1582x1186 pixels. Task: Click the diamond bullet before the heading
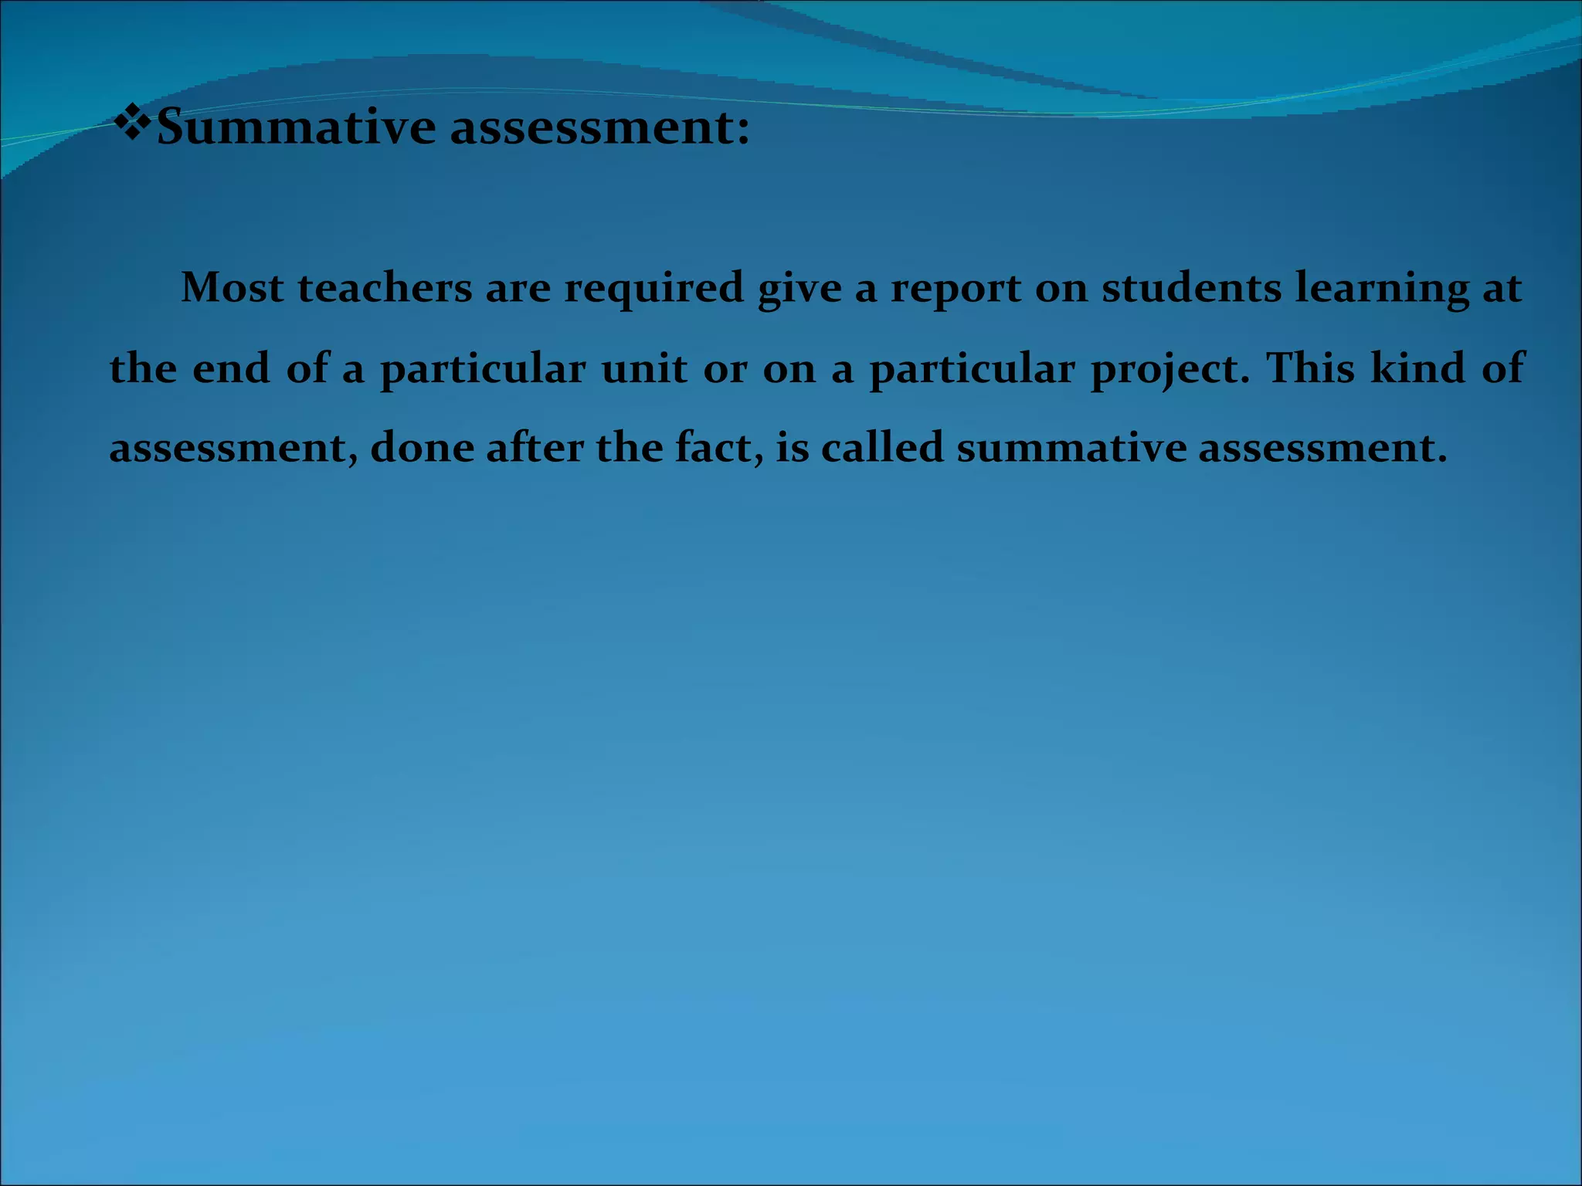[x=132, y=124]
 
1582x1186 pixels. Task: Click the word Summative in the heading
[x=296, y=127]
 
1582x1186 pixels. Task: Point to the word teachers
[x=385, y=288]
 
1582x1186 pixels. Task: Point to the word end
[x=231, y=368]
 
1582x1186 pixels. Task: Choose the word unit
[x=644, y=368]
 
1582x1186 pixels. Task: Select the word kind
[x=1417, y=368]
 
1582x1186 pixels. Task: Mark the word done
[x=422, y=448]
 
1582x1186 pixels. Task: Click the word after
[x=535, y=448]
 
